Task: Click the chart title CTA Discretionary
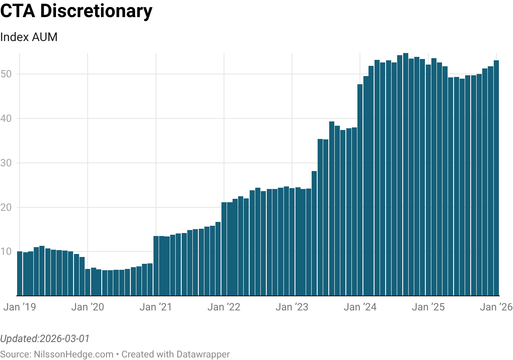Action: pos(76,12)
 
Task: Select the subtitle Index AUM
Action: pos(29,37)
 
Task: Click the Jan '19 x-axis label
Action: pos(20,307)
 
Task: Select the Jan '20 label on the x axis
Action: pos(88,307)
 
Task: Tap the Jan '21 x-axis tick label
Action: pos(156,307)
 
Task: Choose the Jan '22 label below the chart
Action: pos(224,307)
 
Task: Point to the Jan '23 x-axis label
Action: pos(292,307)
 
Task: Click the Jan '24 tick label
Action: pos(360,307)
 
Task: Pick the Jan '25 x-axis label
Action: pos(428,307)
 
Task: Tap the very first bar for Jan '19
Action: pos(20,274)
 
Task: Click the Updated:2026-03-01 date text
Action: pos(44,339)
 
